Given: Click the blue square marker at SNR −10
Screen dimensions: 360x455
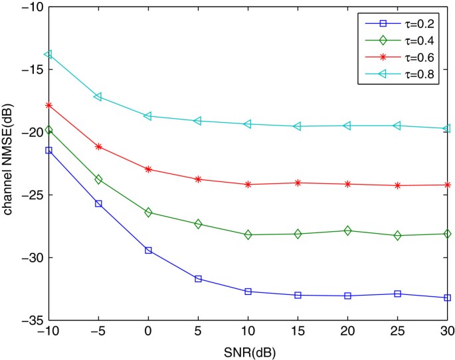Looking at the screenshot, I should pos(48,150).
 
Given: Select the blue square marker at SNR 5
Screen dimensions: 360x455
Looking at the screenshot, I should pos(198,278).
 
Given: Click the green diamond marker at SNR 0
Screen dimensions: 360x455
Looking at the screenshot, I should pos(148,213).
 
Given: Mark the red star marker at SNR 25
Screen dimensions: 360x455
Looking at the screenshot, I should pos(397,185).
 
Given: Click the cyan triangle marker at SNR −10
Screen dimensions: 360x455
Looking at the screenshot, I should pos(48,54).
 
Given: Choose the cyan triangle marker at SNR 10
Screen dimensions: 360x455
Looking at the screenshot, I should pos(248,124).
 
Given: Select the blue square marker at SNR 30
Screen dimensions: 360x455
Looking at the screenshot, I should pos(447,298).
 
